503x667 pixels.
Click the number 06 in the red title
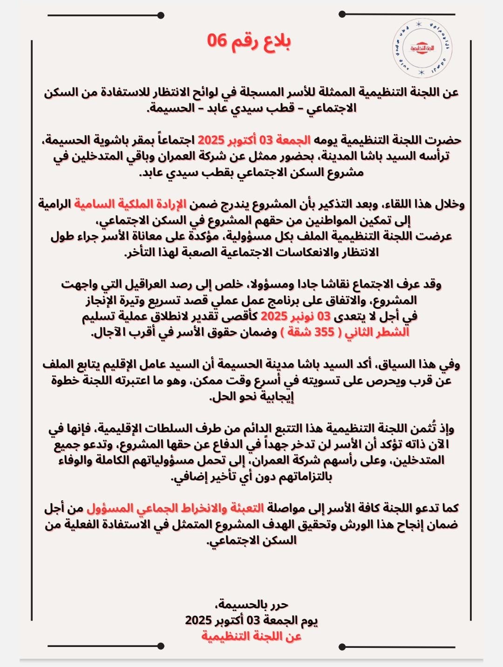tap(217, 41)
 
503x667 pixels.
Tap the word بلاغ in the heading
tap(274, 41)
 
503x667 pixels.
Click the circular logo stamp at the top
tap(423, 48)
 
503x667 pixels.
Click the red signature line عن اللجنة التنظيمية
tap(251, 636)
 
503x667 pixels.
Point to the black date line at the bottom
tap(251, 620)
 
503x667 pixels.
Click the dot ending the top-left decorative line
tap(161, 15)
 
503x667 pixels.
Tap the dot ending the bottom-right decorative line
tap(341, 646)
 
